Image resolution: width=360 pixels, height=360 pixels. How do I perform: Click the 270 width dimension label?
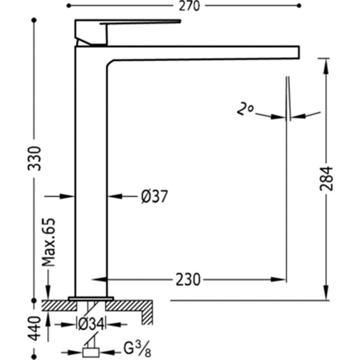coord(189,6)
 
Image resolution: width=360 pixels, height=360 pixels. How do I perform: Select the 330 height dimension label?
coord(35,158)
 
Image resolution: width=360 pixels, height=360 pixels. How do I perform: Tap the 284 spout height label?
coord(326,179)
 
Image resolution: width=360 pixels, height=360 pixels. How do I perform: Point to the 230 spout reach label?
coord(188,279)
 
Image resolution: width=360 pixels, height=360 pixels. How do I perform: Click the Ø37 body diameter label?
coord(154,197)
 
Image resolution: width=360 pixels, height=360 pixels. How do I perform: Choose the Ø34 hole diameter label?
coord(91,324)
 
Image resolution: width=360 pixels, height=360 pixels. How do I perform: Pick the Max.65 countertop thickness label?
coord(49,242)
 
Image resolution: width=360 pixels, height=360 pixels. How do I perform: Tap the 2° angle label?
coord(245,109)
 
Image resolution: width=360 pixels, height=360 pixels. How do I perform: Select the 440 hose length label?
coord(35,328)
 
